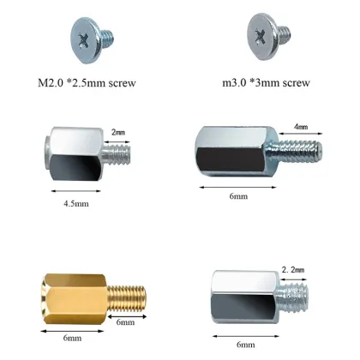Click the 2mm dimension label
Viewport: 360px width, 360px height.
pos(118,133)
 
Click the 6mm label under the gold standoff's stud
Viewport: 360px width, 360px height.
pos(125,322)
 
